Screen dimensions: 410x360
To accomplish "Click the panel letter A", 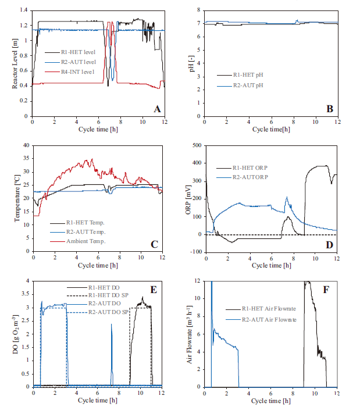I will point(156,109).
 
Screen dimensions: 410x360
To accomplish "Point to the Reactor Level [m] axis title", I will point(15,63).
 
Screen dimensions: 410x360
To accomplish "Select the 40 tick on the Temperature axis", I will point(25,145).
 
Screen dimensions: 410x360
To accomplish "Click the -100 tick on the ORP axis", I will point(196,252).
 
